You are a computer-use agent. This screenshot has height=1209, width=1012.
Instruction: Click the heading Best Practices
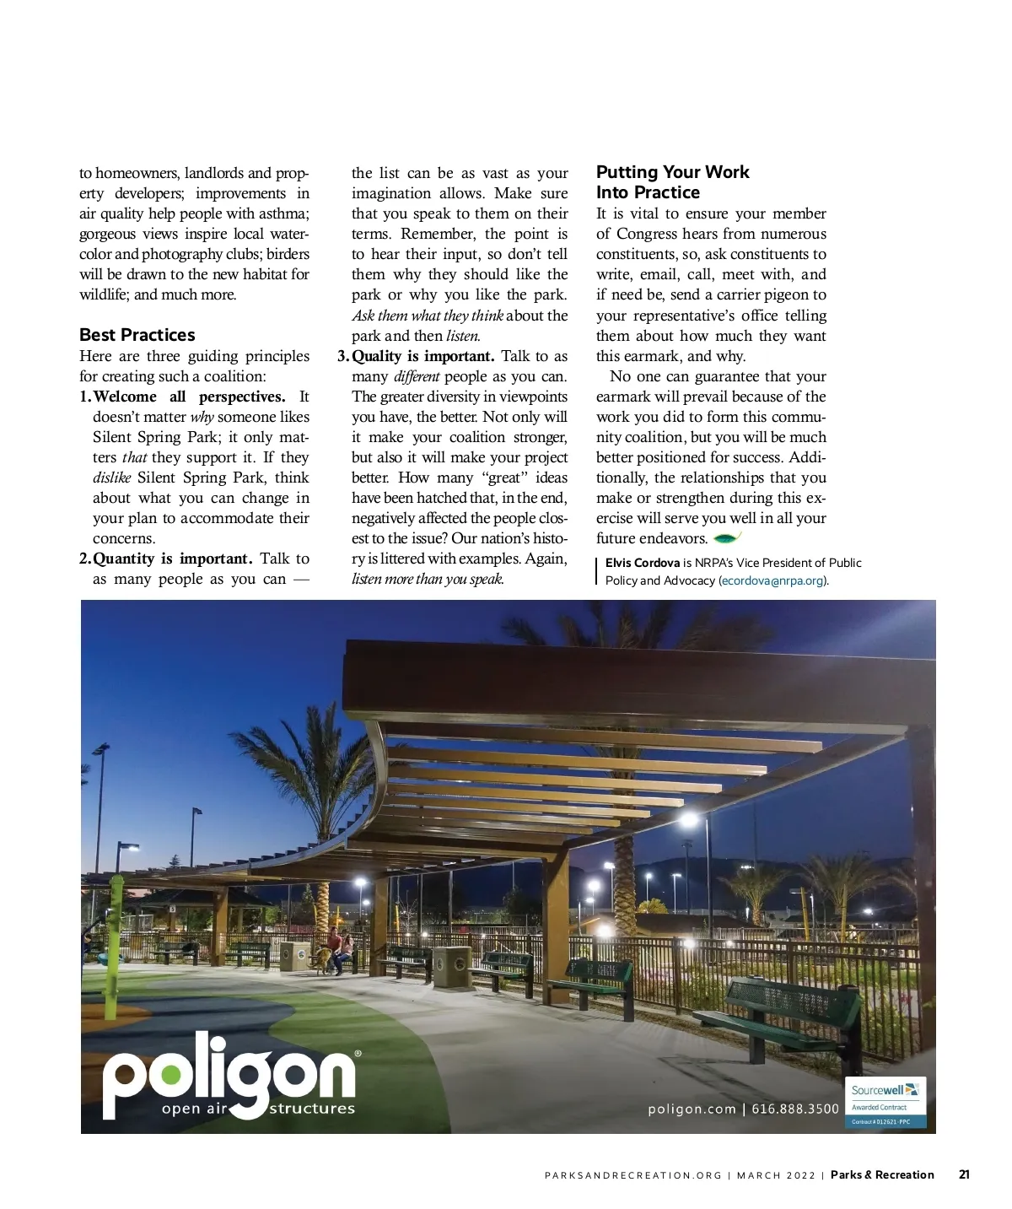(137, 335)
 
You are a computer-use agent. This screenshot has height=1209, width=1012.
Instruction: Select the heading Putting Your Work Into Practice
(672, 182)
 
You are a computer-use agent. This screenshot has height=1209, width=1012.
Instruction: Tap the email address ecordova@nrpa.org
(772, 580)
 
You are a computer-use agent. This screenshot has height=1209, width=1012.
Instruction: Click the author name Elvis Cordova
(642, 563)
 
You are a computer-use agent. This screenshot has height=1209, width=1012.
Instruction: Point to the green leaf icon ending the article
(726, 537)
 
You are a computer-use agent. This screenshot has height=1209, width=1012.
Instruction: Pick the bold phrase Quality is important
(423, 356)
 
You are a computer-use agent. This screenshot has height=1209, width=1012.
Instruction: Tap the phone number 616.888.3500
(795, 1109)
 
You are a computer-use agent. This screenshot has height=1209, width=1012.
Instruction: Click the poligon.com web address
(692, 1109)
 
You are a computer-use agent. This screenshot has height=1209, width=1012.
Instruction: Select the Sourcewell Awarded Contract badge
(885, 1102)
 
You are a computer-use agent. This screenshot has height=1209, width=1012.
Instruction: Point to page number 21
(964, 1174)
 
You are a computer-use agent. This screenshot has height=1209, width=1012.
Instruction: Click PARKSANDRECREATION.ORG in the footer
(633, 1175)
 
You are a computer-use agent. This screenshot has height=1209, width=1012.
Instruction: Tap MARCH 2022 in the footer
(776, 1175)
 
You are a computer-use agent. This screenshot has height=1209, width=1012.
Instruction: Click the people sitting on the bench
(340, 950)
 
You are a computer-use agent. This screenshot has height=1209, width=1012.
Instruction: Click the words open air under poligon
(193, 1109)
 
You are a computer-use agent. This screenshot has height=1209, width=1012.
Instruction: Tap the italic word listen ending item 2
(463, 336)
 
